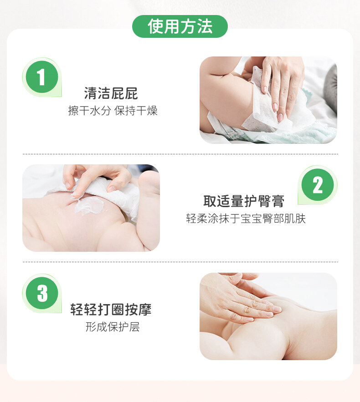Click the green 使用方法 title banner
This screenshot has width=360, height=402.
pos(180,26)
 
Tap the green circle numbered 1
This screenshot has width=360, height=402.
pos(42,76)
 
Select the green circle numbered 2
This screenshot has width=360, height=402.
pos(318,184)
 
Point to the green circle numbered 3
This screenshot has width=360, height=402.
pos(42,293)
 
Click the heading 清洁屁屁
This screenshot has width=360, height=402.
pos(111,93)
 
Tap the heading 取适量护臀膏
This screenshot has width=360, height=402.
pos(244,201)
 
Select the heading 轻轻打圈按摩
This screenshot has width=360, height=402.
pos(111,310)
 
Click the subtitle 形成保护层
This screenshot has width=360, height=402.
pos(113,327)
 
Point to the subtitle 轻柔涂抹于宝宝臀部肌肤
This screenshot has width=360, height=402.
pos(246,219)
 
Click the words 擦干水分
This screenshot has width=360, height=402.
pos(89,111)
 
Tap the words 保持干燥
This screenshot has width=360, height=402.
pos(136,111)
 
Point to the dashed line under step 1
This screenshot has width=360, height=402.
pos(180,154)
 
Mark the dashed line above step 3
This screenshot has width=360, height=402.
pos(180,262)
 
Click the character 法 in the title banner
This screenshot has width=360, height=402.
pos(205,26)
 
